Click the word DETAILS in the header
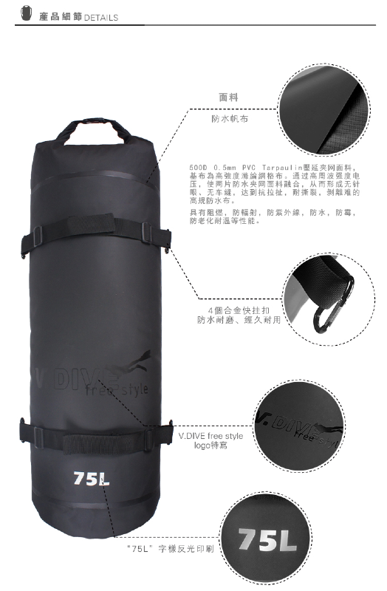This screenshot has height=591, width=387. click(x=101, y=16)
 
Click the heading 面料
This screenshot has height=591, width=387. click(x=229, y=97)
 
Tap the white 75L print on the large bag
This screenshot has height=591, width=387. click(x=92, y=478)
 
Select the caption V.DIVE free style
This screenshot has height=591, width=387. click(x=211, y=436)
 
